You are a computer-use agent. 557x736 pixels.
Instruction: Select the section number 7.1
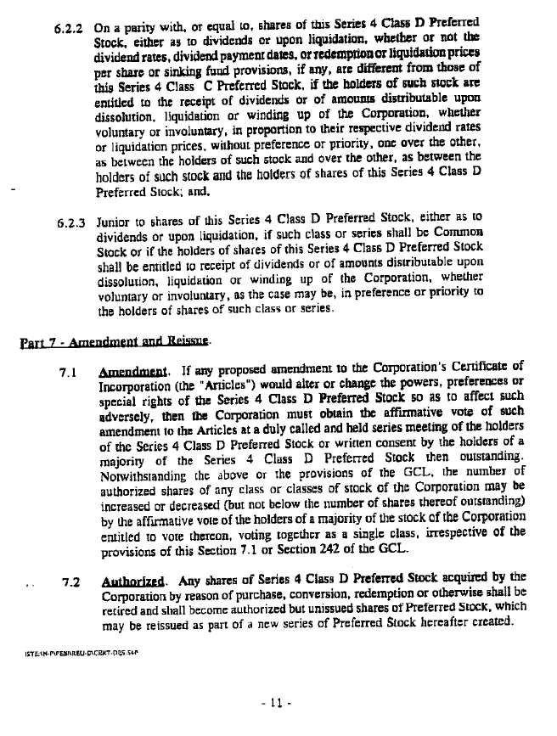coord(70,372)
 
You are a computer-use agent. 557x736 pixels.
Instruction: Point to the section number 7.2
coord(71,582)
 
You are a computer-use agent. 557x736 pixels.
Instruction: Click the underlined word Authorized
coord(126,582)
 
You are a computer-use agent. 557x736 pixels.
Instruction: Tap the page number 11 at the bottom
coord(278,703)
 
